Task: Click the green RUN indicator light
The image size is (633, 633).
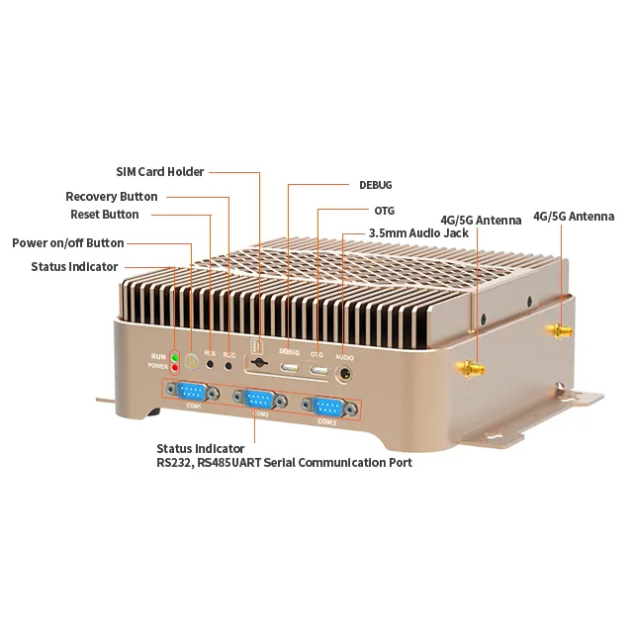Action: coord(175,356)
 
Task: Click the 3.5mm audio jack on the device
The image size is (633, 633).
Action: coord(345,374)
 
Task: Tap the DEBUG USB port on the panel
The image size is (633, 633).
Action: coord(289,368)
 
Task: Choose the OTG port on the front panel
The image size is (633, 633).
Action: coord(318,371)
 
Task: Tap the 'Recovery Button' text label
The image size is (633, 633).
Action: coord(112,197)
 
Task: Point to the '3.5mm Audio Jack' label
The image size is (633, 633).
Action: coord(418,233)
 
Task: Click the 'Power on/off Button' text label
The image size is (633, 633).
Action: coord(68,243)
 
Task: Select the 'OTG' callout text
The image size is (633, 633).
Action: coord(385,211)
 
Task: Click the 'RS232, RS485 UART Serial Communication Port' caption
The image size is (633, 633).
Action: coord(284,462)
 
